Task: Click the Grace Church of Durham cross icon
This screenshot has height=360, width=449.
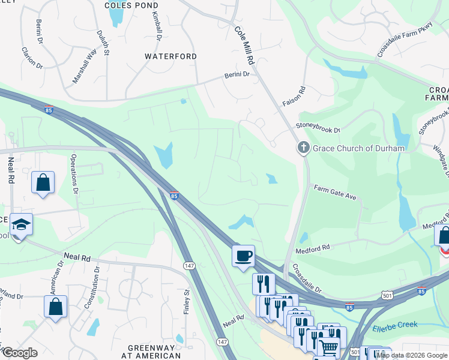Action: pyautogui.click(x=303, y=148)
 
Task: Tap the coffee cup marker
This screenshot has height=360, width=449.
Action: pyautogui.click(x=244, y=256)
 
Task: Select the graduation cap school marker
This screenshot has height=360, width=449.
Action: pyautogui.click(x=22, y=225)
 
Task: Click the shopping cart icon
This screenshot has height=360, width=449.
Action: pyautogui.click(x=328, y=347)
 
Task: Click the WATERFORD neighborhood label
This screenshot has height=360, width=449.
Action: pyautogui.click(x=171, y=56)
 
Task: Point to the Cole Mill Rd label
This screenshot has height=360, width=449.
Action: pyautogui.click(x=246, y=45)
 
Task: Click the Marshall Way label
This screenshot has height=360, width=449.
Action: pyautogui.click(x=85, y=65)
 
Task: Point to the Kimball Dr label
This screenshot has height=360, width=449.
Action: pyautogui.click(x=157, y=26)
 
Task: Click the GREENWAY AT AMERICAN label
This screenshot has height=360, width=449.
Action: pyautogui.click(x=151, y=352)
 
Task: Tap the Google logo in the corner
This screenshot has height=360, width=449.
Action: pyautogui.click(x=19, y=353)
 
